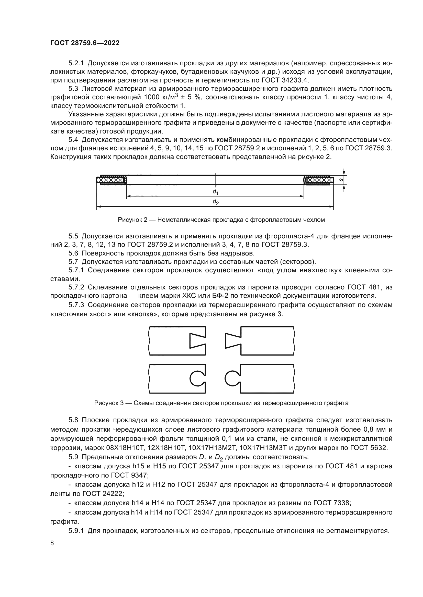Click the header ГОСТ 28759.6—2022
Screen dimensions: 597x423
click(85, 43)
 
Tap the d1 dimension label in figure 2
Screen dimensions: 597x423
click(215, 192)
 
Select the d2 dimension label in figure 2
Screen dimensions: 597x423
click(215, 202)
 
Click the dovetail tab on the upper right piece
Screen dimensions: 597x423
click(233, 340)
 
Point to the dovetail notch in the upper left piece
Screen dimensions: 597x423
click(197, 340)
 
